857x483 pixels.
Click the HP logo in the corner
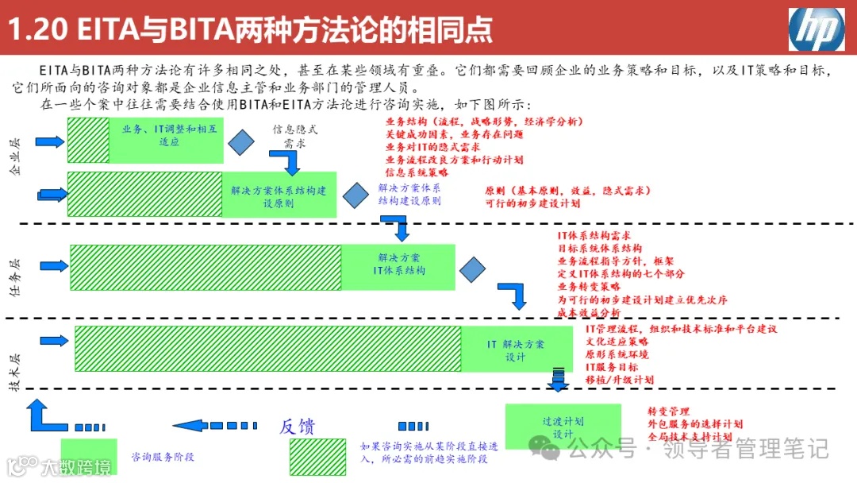click(817, 30)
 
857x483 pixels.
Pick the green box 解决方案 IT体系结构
click(398, 265)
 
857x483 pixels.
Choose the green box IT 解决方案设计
click(515, 350)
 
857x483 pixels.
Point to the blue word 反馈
click(297, 427)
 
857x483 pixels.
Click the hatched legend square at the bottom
click(317, 456)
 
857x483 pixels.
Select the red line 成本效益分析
click(589, 313)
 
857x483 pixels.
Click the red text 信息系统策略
click(417, 172)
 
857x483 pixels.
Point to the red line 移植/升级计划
click(619, 380)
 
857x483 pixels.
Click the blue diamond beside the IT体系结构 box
click(472, 270)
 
